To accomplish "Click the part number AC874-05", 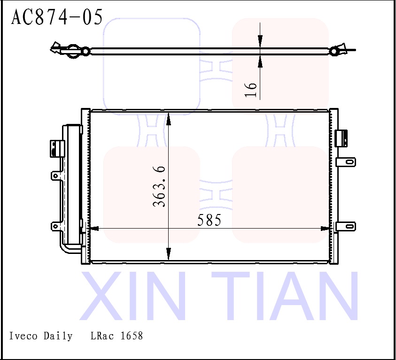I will coord(57,17).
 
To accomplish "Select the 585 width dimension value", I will coord(209,220).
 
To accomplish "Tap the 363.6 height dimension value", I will coord(159,186).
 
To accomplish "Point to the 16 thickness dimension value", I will coord(252,89).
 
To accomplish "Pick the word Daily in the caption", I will coord(58,336).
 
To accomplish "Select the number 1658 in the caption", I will coord(132,336).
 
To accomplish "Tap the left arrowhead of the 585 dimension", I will coord(93,229).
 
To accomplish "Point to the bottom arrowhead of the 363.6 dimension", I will coord(169,254).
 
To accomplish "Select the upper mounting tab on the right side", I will coord(346,161).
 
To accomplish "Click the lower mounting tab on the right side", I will coord(346,226).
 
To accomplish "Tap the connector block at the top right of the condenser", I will coord(342,138).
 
